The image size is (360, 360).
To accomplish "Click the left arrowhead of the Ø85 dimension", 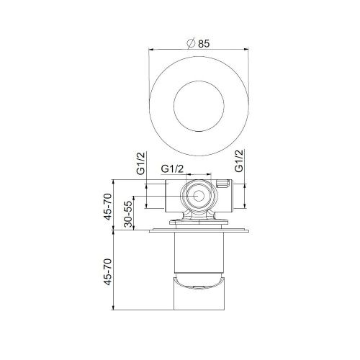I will point(150,49).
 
